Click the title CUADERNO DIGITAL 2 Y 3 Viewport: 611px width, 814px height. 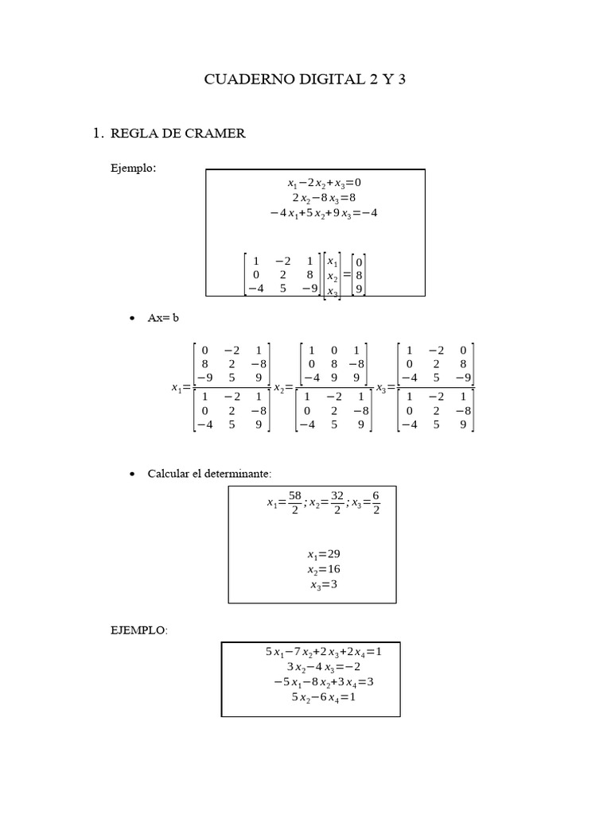pos(305,79)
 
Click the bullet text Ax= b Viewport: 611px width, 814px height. pos(164,317)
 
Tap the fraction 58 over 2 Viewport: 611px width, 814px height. pos(294,502)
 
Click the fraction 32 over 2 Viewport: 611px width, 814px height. pos(337,502)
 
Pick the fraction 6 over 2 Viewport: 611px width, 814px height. pos(375,502)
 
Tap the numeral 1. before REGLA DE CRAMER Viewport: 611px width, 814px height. pos(99,134)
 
